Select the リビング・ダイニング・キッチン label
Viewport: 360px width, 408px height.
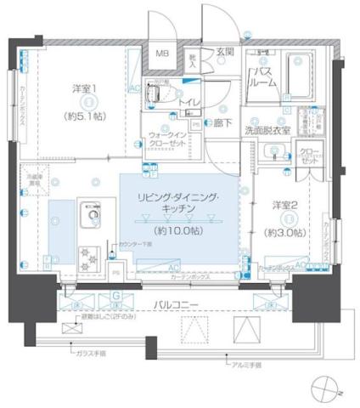[178, 202]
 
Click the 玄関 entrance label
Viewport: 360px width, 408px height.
[224, 52]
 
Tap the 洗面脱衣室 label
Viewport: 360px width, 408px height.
[268, 131]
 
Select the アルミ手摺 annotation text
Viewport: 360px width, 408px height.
[246, 365]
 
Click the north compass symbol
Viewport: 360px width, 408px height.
[324, 389]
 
